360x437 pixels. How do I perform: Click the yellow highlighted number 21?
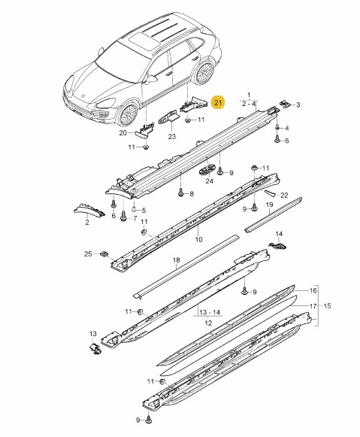(217, 102)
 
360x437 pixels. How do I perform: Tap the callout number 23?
(172, 136)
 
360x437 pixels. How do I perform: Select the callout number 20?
(123, 133)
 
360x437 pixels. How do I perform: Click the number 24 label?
(210, 181)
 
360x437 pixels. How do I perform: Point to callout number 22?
(284, 195)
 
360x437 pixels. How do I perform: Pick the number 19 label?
(269, 205)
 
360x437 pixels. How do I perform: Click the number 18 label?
(176, 259)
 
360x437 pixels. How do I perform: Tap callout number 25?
(88, 253)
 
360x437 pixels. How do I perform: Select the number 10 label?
(199, 239)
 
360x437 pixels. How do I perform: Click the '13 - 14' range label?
(210, 312)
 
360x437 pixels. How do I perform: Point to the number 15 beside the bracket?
(328, 305)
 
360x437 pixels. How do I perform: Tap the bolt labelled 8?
(181, 192)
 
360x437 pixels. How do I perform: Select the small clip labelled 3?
(285, 104)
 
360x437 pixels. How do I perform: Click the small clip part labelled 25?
(104, 254)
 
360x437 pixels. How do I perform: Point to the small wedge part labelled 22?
(269, 193)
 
